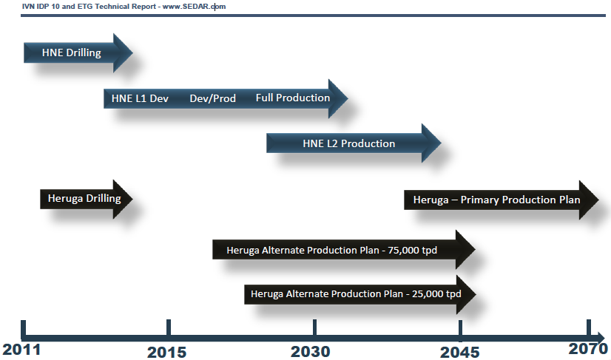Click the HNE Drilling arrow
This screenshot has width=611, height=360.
pyautogui.click(x=78, y=53)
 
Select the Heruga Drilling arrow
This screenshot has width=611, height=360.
pyautogui.click(x=86, y=199)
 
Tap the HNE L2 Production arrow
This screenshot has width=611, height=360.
pyautogui.click(x=354, y=143)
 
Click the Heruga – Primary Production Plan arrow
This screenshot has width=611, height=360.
pyautogui.click(x=501, y=200)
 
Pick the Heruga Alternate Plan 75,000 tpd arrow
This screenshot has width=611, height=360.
pyautogui.click(x=344, y=249)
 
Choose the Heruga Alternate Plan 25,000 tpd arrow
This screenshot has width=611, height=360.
pyautogui.click(x=360, y=294)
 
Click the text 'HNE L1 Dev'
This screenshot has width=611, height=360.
pyautogui.click(x=140, y=98)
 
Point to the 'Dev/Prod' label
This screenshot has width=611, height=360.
pyautogui.click(x=213, y=98)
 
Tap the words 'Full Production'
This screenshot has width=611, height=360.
pyautogui.click(x=293, y=98)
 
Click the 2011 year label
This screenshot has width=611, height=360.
pyautogui.click(x=21, y=350)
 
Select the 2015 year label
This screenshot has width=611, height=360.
pyautogui.click(x=166, y=352)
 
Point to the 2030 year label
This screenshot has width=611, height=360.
pyautogui.click(x=310, y=352)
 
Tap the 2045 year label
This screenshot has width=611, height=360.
pyautogui.click(x=460, y=353)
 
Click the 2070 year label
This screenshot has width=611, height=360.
pyautogui.click(x=588, y=349)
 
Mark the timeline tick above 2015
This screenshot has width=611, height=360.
pyautogui.click(x=169, y=327)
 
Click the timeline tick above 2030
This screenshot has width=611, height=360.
pyautogui.click(x=314, y=327)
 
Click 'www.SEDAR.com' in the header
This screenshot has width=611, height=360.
pyautogui.click(x=194, y=7)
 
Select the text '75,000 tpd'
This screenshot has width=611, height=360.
pyautogui.click(x=412, y=250)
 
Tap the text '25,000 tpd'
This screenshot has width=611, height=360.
pyautogui.click(x=436, y=293)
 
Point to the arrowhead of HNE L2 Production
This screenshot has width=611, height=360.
pyautogui.click(x=431, y=143)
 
